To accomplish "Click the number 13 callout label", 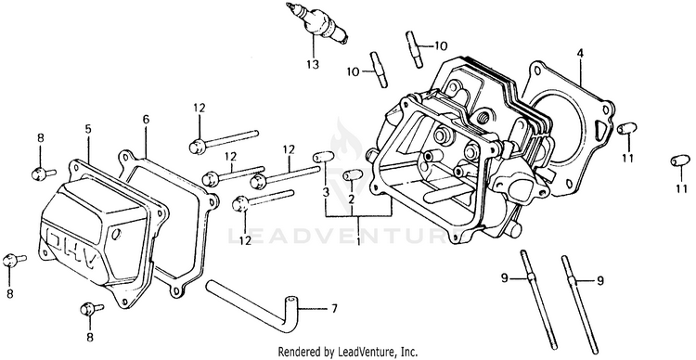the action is coord(313,65).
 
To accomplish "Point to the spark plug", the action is coord(317,23).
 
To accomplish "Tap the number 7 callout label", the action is coord(334,308).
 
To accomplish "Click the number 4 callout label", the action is coord(580,54).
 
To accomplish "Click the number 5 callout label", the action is coord(88,129).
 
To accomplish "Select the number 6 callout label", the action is coord(146,119).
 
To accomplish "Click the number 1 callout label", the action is coord(358,241).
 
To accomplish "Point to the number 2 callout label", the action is coord(351,199).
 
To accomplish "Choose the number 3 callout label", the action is coord(326,192).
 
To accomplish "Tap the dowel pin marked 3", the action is coord(323,157).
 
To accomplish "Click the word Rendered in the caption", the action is coord(297,352).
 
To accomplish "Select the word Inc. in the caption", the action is coord(409,352).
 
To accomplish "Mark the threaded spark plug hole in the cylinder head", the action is coord(483,118).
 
